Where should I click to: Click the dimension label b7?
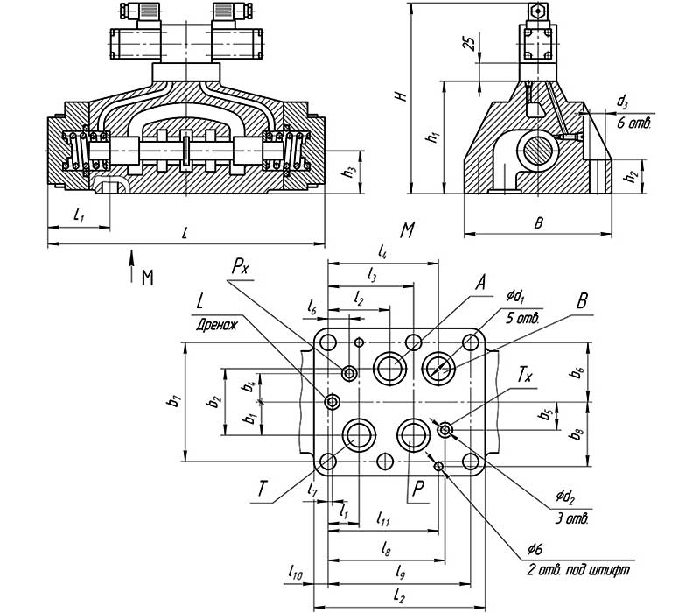175,401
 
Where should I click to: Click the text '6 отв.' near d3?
632,124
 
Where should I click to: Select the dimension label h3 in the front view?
348,172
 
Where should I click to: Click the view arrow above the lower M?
131,257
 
